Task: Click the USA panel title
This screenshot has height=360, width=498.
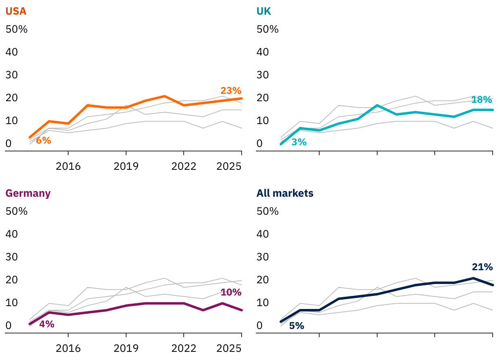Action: tap(16, 11)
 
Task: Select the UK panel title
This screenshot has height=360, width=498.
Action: tap(264, 11)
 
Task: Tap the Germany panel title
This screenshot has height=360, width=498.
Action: tap(28, 193)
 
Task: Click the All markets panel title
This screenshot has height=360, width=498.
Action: tap(285, 193)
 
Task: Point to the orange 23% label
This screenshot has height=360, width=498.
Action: tap(231, 91)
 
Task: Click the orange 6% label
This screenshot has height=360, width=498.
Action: tap(43, 140)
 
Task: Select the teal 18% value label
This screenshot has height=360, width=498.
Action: tap(482, 100)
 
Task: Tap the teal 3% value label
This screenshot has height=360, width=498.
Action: tap(299, 142)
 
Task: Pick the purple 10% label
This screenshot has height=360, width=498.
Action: tap(231, 292)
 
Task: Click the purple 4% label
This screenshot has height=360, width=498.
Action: tap(47, 324)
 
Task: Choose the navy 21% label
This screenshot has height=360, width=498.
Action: tap(482, 267)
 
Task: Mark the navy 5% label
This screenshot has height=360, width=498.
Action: tap(297, 326)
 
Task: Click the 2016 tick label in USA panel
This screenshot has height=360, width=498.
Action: tap(68, 166)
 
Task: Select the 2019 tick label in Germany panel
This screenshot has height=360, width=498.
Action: tap(126, 348)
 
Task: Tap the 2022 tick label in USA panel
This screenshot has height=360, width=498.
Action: tap(184, 166)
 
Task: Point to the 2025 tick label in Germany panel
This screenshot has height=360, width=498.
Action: tap(229, 348)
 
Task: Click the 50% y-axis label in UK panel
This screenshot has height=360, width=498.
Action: tap(267, 29)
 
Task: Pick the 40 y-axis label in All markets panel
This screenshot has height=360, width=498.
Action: tap(263, 234)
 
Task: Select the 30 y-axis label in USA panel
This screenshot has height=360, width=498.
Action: tap(12, 75)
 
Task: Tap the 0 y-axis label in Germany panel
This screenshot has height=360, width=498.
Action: tap(8, 326)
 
